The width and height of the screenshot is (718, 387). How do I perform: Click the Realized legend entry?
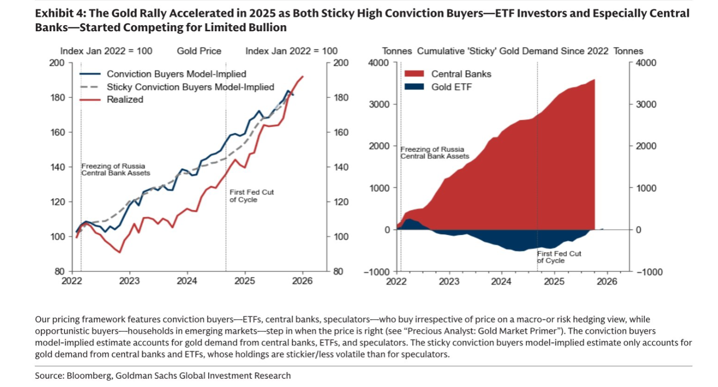(x=125, y=99)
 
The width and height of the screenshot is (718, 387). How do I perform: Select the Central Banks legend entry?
(x=461, y=74)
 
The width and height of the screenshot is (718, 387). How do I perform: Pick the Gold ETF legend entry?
(x=451, y=87)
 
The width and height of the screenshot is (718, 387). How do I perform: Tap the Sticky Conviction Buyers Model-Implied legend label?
(x=190, y=87)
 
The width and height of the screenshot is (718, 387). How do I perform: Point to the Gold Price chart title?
(x=199, y=51)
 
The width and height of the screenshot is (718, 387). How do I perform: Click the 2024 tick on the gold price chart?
(x=187, y=281)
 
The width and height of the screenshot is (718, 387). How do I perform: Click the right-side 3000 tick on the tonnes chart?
(x=647, y=104)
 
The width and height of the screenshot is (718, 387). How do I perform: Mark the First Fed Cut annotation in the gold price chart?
(x=251, y=196)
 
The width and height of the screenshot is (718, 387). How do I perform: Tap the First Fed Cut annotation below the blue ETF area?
(x=559, y=257)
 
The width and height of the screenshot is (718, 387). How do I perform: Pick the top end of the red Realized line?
(x=303, y=77)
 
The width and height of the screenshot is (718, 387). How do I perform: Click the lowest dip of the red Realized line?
(x=119, y=252)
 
